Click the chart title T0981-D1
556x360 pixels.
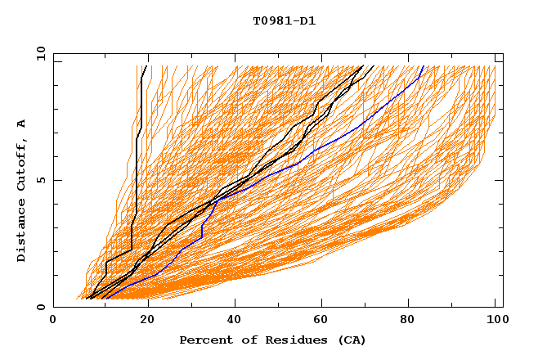pyautogui.click(x=284, y=21)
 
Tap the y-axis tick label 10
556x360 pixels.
pyautogui.click(x=40, y=53)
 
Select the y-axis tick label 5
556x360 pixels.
pyautogui.click(x=43, y=180)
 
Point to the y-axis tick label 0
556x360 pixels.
pyautogui.click(x=43, y=307)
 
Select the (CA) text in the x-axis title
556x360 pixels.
pyautogui.click(x=352, y=340)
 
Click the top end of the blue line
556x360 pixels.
pyautogui.click(x=423, y=66)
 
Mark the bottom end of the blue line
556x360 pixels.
pyautogui.click(x=105, y=299)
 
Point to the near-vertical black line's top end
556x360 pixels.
pyautogui.click(x=147, y=66)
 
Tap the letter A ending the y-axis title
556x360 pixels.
pyautogui.click(x=22, y=123)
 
